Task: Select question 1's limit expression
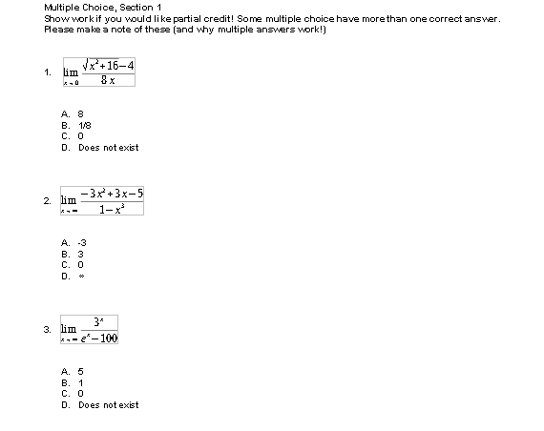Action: point(98,72)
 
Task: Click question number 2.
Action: point(47,201)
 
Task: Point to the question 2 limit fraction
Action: point(101,201)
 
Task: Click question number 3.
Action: point(47,330)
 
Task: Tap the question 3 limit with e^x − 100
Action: point(90,330)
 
